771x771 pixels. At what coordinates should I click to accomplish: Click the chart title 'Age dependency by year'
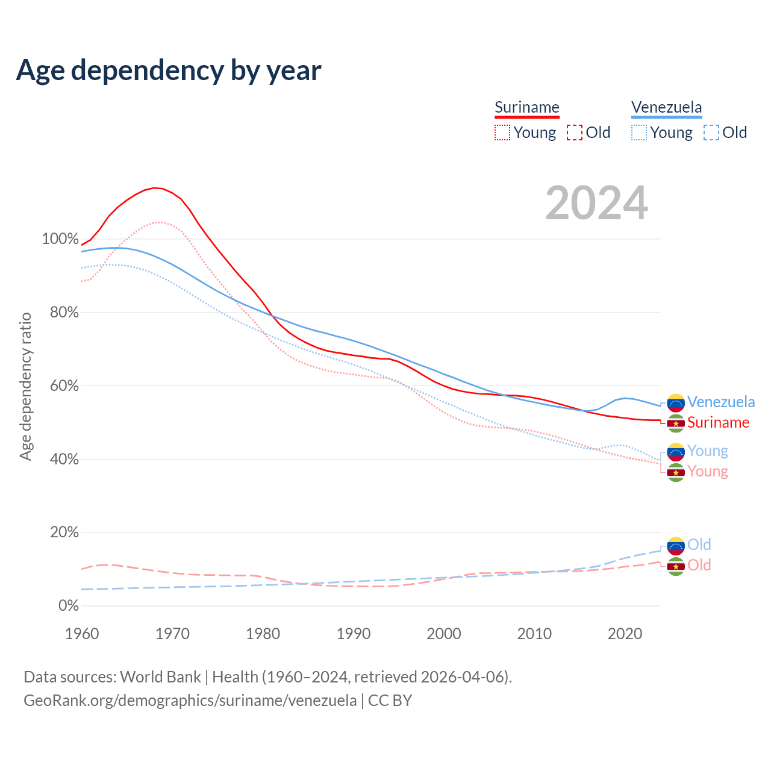pyautogui.click(x=169, y=70)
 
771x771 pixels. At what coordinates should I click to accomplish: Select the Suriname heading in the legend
pyautogui.click(x=527, y=107)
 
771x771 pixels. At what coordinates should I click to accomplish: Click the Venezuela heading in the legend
pyautogui.click(x=667, y=107)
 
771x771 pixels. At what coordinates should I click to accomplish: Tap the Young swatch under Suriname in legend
pyautogui.click(x=502, y=133)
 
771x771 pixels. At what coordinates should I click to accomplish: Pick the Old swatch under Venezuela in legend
pyautogui.click(x=711, y=133)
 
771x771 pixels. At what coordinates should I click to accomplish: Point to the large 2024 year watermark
pyautogui.click(x=596, y=203)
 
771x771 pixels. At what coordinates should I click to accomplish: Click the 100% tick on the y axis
pyautogui.click(x=60, y=239)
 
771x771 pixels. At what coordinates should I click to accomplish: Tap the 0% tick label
pyautogui.click(x=68, y=605)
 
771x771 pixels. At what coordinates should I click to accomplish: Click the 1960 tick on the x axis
pyautogui.click(x=82, y=634)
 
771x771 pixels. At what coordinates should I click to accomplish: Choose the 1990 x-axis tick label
pyautogui.click(x=354, y=634)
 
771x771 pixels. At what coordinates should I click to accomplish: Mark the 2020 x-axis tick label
pyautogui.click(x=625, y=634)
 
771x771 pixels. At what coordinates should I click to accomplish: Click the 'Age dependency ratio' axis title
pyautogui.click(x=25, y=386)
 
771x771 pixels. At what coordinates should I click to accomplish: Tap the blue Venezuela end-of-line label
pyautogui.click(x=721, y=402)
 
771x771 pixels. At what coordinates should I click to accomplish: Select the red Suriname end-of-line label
pyautogui.click(x=718, y=422)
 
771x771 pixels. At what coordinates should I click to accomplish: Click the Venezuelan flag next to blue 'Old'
pyautogui.click(x=676, y=546)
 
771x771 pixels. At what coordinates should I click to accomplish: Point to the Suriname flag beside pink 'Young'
pyautogui.click(x=676, y=472)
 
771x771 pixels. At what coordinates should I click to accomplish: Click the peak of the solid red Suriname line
pyautogui.click(x=155, y=188)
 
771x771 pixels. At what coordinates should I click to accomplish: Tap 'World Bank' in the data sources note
pyautogui.click(x=160, y=677)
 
